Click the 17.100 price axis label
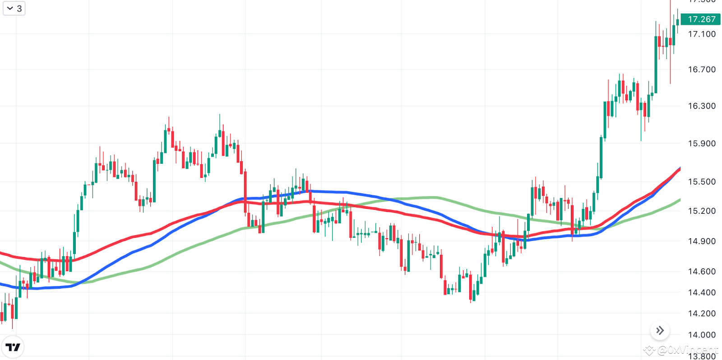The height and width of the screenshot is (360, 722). pos(702,34)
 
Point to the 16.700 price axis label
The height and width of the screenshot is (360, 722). pos(702,69)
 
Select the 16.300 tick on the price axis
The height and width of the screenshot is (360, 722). pos(702,106)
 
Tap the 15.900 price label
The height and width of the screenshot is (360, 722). pos(702,143)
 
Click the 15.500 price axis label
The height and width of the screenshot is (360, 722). pos(702,182)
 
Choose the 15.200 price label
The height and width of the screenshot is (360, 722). pos(702,211)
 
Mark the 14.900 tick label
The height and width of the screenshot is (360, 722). pos(702,241)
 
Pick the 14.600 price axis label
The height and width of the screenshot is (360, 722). pos(702,271)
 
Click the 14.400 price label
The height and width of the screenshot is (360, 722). pos(702,292)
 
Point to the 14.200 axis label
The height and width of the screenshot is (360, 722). pos(702,314)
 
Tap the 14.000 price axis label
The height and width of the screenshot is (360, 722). pos(702,335)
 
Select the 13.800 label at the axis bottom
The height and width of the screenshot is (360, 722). pos(702,355)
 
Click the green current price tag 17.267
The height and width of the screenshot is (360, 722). pos(701,19)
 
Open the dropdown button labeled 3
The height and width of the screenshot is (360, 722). pos(14,8)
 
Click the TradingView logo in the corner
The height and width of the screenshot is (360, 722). pos(13,347)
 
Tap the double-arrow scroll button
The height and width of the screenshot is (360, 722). pos(660,331)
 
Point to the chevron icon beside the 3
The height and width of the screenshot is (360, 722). pos(10,8)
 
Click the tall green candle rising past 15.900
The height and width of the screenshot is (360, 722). pos(601,158)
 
